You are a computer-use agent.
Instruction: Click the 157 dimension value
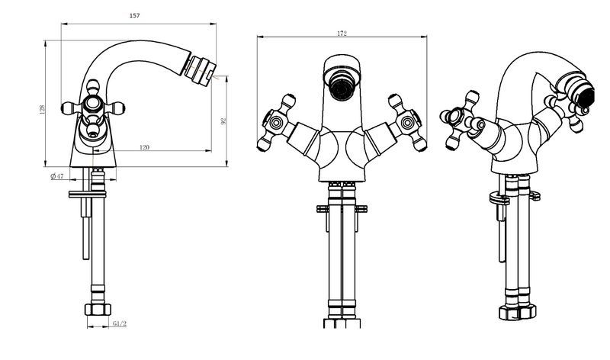pyautogui.click(x=134, y=15)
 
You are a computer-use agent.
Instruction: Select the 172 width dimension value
pyautogui.click(x=342, y=34)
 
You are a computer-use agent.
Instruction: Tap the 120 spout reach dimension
pyautogui.click(x=144, y=147)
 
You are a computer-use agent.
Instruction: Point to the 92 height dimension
pyautogui.click(x=223, y=121)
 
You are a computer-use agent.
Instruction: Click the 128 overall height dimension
pyautogui.click(x=42, y=109)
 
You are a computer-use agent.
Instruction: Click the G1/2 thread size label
pyautogui.click(x=120, y=324)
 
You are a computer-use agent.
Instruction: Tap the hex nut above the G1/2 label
pyautogui.click(x=98, y=310)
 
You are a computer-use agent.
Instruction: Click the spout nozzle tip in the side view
pyautogui.click(x=201, y=72)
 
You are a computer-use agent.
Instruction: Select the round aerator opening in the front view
pyautogui.click(x=342, y=88)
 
